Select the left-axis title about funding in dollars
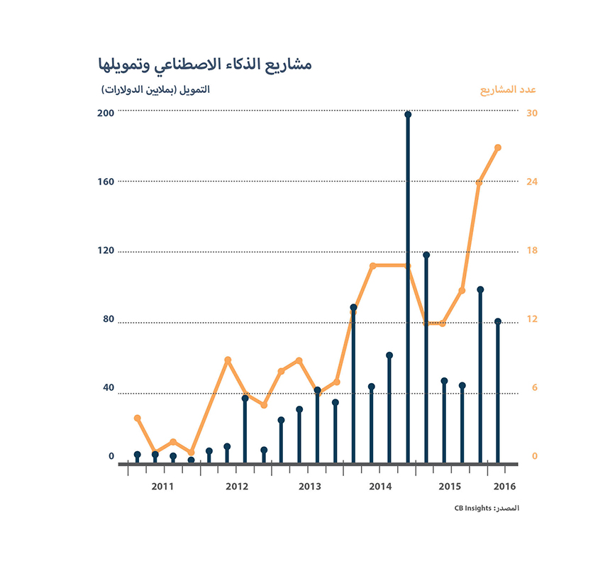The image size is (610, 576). [x=156, y=90]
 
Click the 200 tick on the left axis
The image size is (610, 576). [x=106, y=113]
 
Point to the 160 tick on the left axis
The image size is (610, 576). [x=106, y=182]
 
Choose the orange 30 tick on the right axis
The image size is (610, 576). [x=531, y=113]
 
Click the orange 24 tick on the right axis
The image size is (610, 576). [x=531, y=182]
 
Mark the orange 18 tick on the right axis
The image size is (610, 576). [x=531, y=250]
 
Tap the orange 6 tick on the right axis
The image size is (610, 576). [x=531, y=387]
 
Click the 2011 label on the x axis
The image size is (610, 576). [x=162, y=487]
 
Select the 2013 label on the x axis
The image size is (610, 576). [x=309, y=487]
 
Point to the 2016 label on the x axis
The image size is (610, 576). [x=504, y=487]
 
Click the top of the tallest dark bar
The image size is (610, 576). [x=408, y=114]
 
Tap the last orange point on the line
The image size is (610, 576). [x=498, y=148]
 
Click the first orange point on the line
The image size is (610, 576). [x=137, y=418]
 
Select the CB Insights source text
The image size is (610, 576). [x=487, y=509]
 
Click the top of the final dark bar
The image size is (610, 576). [x=498, y=321]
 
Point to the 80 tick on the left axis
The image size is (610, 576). [x=109, y=319]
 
